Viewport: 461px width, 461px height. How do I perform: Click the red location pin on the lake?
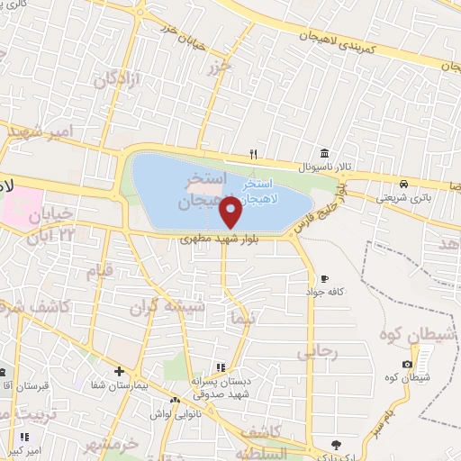(x=231, y=213)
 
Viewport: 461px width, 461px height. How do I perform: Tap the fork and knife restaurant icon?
(x=254, y=152)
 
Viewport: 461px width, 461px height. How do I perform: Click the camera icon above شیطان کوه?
(x=407, y=363)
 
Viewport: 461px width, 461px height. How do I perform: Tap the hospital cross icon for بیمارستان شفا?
(x=119, y=371)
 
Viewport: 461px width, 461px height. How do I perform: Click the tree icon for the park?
(x=336, y=443)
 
